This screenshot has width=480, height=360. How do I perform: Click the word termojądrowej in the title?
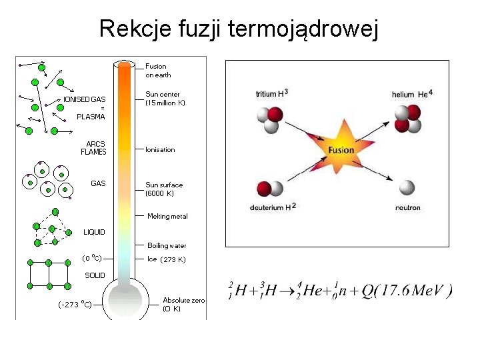(303, 29)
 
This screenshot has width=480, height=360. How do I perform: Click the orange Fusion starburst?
(341, 150)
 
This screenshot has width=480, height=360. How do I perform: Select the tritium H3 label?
(272, 93)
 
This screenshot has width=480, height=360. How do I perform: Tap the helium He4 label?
(413, 94)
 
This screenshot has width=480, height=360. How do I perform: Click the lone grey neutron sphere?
(406, 189)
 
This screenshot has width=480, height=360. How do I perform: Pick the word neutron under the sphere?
(407, 207)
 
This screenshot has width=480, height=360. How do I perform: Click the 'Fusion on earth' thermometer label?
(158, 71)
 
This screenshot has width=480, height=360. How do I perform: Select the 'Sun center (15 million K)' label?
(165, 99)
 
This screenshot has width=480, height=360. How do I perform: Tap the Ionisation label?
(160, 149)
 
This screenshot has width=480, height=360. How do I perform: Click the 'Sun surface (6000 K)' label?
(164, 189)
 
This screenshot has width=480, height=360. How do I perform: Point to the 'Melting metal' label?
(167, 216)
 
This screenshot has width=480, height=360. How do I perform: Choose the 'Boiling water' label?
(167, 245)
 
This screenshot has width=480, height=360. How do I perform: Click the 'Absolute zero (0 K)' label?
(183, 305)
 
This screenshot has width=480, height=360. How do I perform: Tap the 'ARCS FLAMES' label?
(94, 147)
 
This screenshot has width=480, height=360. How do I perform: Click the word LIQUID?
(94, 232)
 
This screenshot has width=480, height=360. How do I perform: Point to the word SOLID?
(94, 275)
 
